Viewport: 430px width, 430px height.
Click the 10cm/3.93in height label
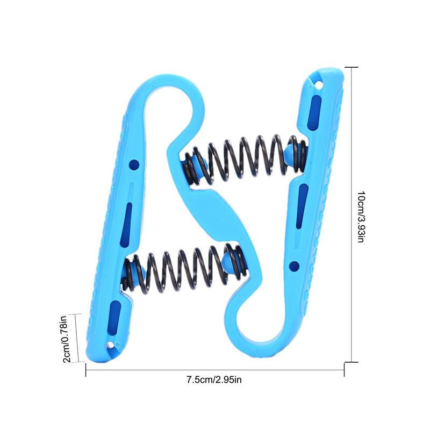point(361,217)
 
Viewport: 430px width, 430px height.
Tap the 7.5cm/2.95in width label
point(214,380)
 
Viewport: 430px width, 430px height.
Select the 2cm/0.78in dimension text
point(67,339)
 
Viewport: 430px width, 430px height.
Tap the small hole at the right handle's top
point(319,85)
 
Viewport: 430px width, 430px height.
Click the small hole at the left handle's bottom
point(110,345)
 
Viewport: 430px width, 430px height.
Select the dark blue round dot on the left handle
point(134,164)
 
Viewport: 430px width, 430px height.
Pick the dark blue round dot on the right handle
point(294,266)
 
